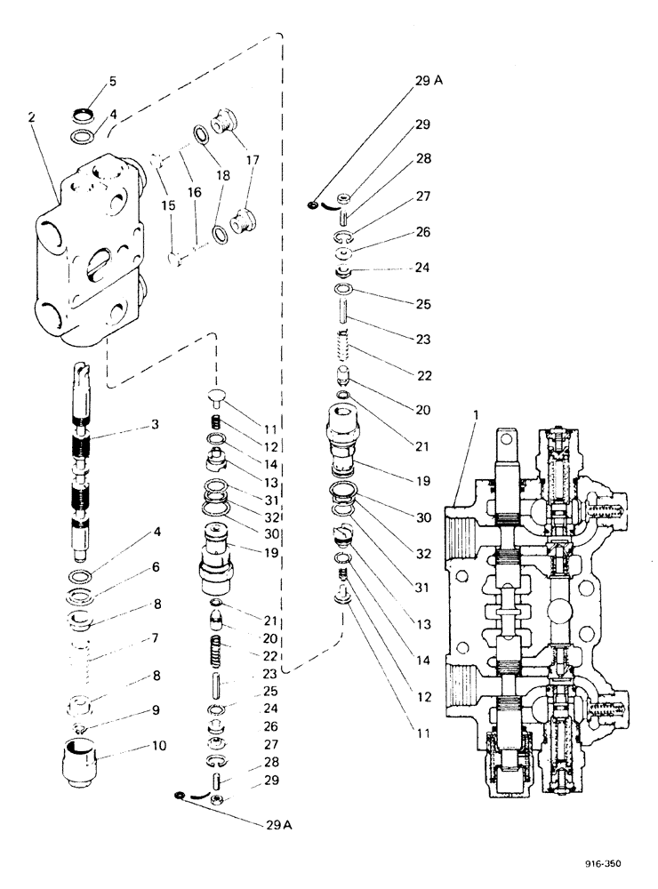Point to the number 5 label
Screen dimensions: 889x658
112,82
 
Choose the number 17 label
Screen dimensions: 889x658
254,161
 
